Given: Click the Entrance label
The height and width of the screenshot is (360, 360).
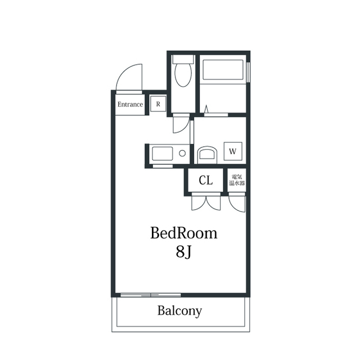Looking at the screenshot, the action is tap(130, 105).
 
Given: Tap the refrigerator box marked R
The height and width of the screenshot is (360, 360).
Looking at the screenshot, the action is tap(158, 104).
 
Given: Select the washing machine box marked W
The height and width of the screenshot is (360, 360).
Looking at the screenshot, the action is tap(233, 151).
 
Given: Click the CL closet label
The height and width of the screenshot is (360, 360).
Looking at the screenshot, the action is tap(206, 181).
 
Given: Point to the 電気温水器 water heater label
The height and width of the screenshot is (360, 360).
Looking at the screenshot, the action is tap(237, 180).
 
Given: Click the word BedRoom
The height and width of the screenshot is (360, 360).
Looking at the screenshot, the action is tap(184, 233).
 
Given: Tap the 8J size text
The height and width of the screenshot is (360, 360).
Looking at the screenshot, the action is tap(184, 251).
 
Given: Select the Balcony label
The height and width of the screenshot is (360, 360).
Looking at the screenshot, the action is tap(179, 311).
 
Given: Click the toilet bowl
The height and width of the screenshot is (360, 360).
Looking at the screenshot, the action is tap(183, 74).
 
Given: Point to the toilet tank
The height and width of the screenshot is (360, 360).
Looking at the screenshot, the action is tap(183, 59).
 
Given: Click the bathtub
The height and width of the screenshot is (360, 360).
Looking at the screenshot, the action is tap(223, 70).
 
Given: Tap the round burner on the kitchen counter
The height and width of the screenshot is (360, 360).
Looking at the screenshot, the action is tap(182, 154).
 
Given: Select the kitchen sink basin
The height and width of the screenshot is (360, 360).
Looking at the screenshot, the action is tap(163, 154).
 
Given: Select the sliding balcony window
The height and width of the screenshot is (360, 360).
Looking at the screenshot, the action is tap(151, 295).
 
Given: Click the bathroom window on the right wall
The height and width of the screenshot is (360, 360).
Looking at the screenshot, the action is tap(248, 72).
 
